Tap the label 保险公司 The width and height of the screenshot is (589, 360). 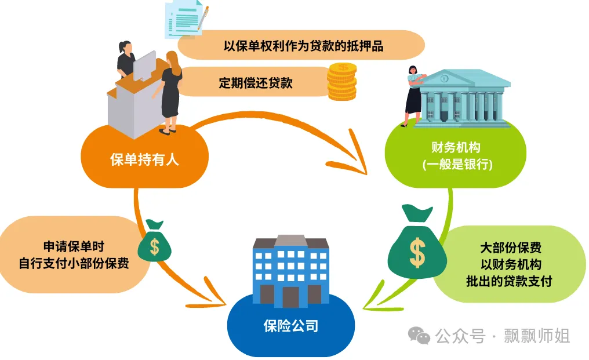[290, 326]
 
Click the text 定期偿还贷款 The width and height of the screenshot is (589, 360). [256, 82]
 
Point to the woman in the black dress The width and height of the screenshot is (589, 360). [172, 93]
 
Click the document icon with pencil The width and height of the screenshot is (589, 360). [186, 18]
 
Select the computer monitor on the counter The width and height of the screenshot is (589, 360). [144, 66]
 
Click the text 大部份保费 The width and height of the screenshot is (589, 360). [511, 248]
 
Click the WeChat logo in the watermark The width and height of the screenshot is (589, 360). [419, 335]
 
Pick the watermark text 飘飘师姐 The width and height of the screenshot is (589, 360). [537, 336]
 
